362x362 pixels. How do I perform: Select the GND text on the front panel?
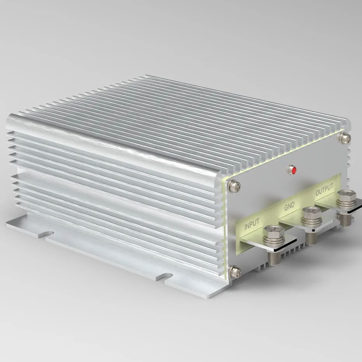[x=289, y=206]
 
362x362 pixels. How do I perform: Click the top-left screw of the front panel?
[x=234, y=187]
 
